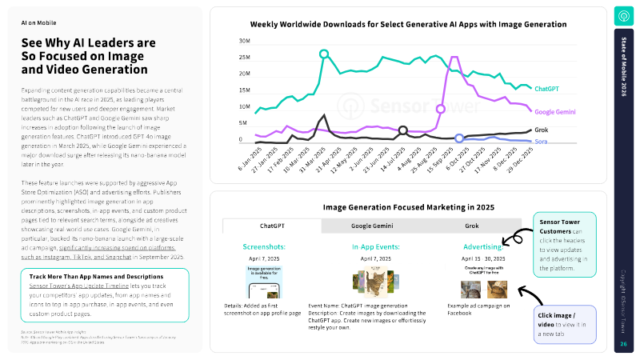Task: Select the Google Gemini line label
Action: click(x=555, y=112)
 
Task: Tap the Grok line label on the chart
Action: click(x=542, y=130)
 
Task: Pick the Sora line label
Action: click(x=542, y=141)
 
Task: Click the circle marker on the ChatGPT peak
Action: click(x=324, y=54)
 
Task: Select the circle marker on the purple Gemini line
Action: click(x=441, y=108)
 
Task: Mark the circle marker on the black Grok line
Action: click(x=403, y=130)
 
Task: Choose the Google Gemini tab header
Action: click(x=372, y=226)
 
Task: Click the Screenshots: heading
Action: click(x=266, y=246)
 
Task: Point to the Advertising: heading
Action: click(x=482, y=246)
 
